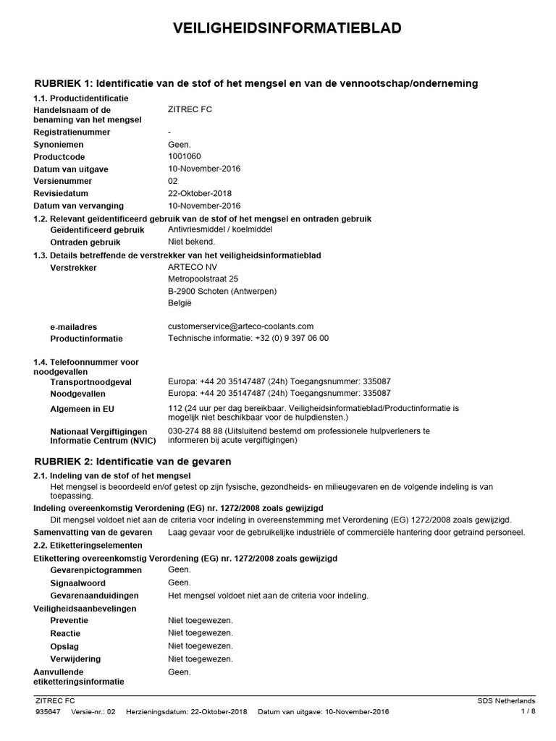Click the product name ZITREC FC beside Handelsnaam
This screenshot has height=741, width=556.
pyautogui.click(x=190, y=109)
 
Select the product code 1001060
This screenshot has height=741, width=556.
pyautogui.click(x=184, y=156)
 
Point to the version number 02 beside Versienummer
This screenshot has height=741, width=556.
pyautogui.click(x=173, y=181)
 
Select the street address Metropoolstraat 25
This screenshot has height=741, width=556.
pyautogui.click(x=203, y=279)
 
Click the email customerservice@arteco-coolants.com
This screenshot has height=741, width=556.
pyautogui.click(x=240, y=326)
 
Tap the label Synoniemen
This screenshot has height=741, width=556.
pyautogui.click(x=61, y=145)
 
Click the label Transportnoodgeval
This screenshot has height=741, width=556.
pyautogui.click(x=90, y=381)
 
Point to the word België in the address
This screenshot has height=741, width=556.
pyautogui.click(x=180, y=302)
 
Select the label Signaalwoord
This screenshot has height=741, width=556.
pyautogui.click(x=77, y=583)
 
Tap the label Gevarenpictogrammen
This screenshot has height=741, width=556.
pyautogui.click(x=91, y=570)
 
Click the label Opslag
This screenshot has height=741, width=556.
pyautogui.click(x=64, y=646)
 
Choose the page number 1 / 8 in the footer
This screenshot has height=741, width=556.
pyautogui.click(x=528, y=711)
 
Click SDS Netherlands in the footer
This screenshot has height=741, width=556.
pyautogui.click(x=506, y=700)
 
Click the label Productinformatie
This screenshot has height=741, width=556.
pyautogui.click(x=86, y=339)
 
